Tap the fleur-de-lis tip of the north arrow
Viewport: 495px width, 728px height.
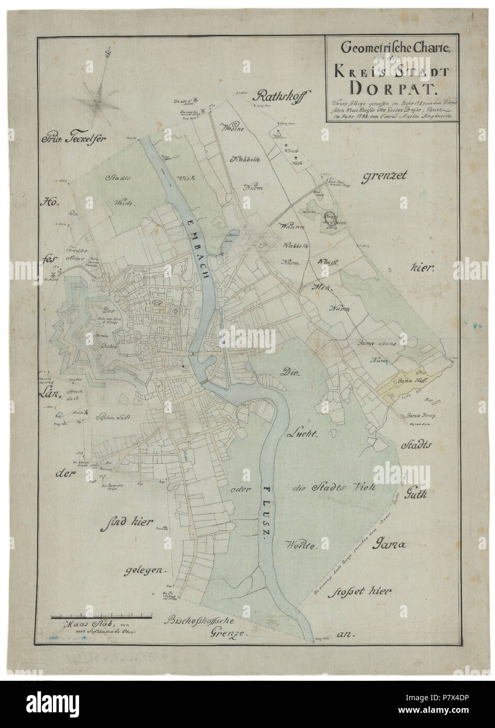pyautogui.click(x=108, y=52)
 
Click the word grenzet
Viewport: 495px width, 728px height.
pyautogui.click(x=385, y=178)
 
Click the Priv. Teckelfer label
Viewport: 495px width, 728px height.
pyautogui.click(x=74, y=139)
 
